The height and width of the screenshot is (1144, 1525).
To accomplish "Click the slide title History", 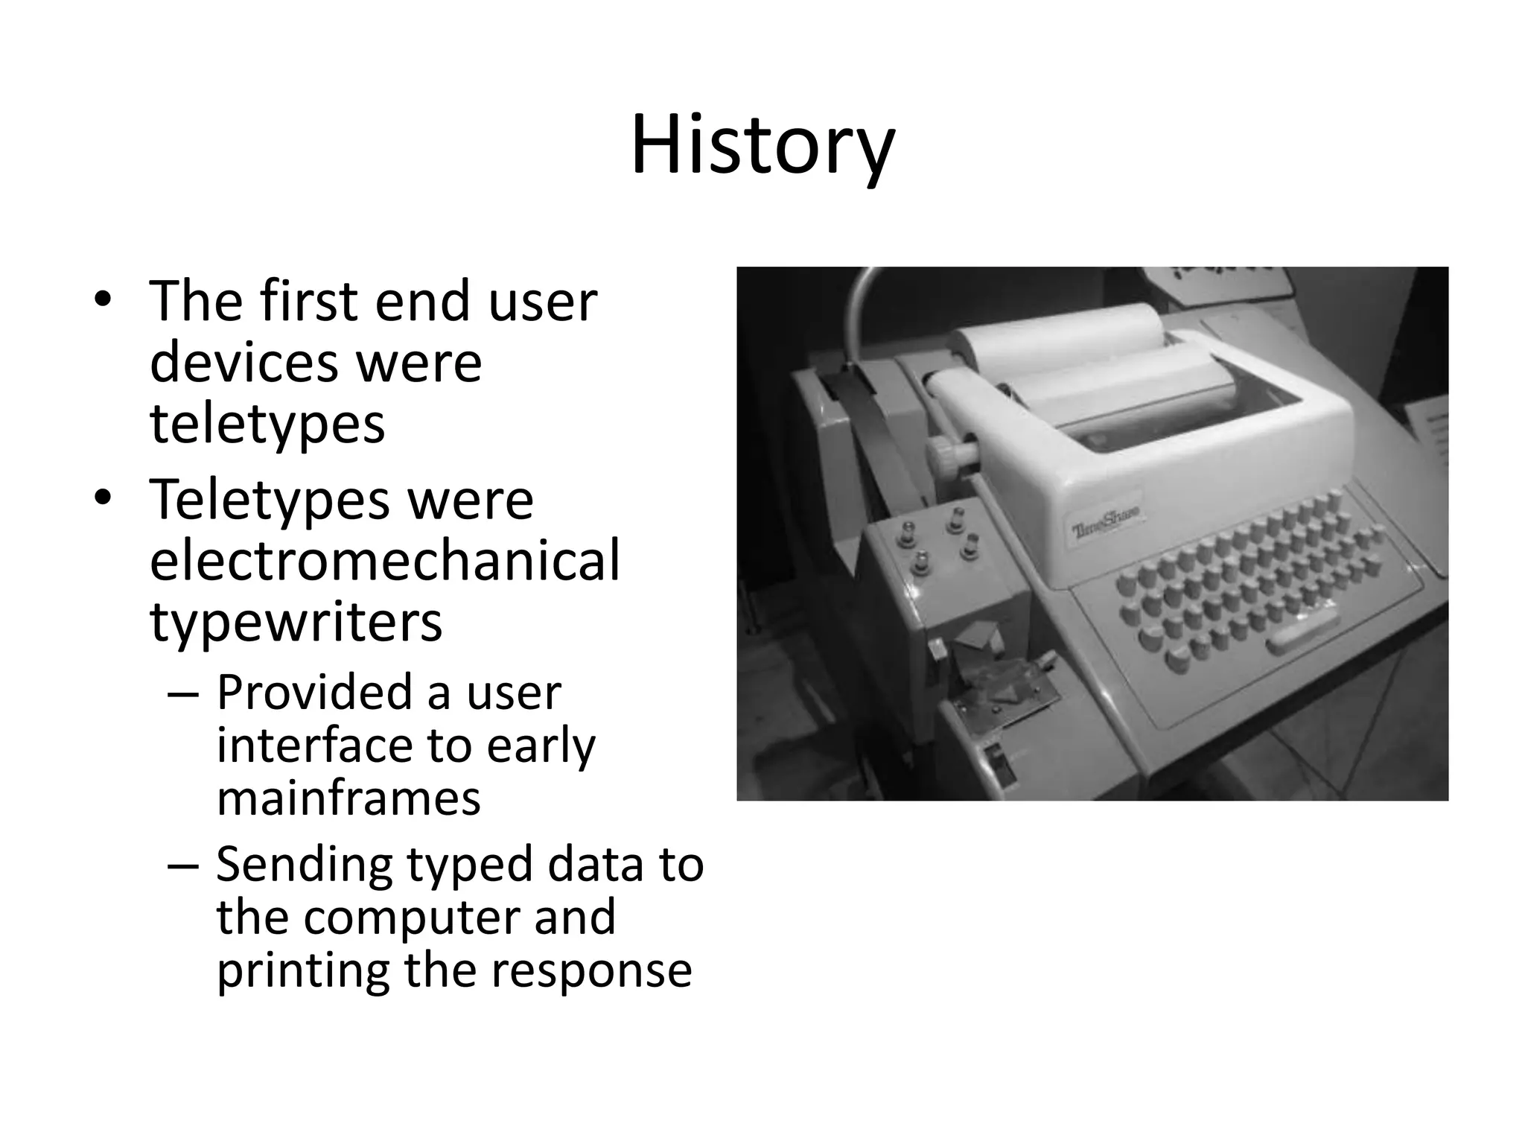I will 762,145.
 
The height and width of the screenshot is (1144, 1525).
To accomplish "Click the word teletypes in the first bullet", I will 267,424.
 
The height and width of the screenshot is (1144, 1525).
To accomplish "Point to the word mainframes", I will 348,798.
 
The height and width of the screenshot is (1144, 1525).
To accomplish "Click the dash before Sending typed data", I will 183,865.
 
